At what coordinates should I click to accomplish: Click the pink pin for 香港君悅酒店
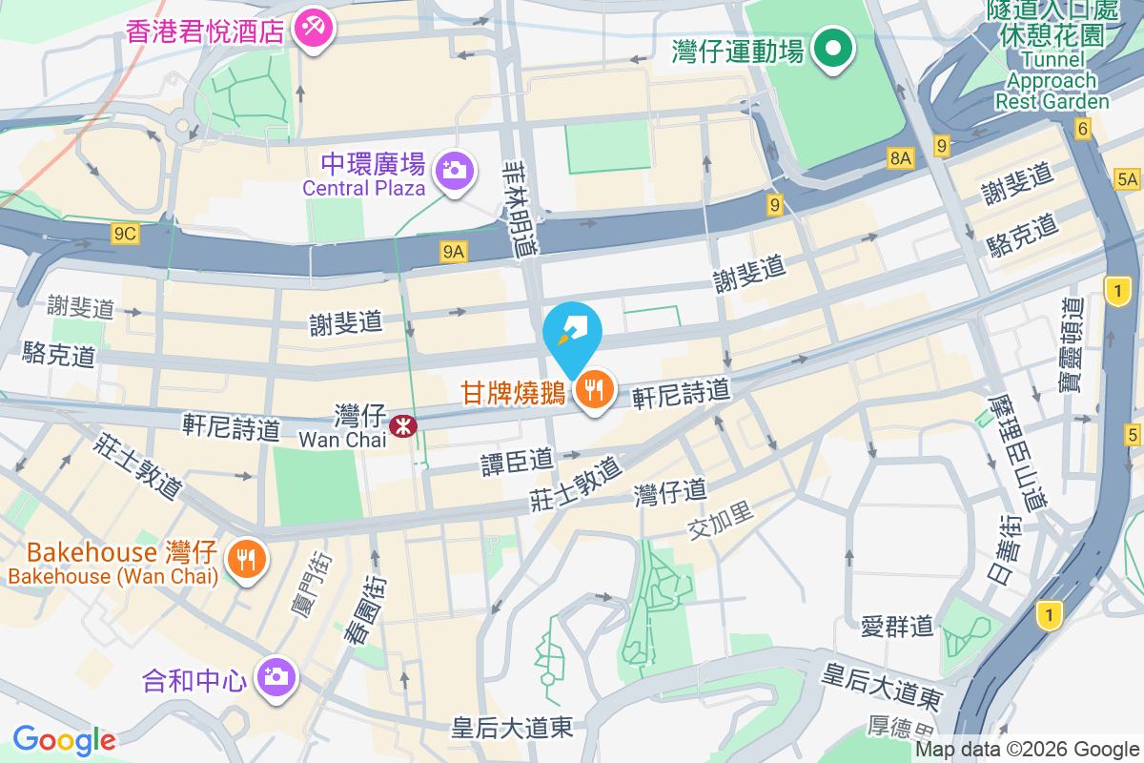pyautogui.click(x=312, y=29)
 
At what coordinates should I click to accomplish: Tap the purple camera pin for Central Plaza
pyautogui.click(x=454, y=172)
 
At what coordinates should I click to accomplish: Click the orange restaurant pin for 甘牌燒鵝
pyautogui.click(x=594, y=390)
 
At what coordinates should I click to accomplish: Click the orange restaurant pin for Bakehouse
pyautogui.click(x=247, y=559)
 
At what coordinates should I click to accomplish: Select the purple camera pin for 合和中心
pyautogui.click(x=276, y=678)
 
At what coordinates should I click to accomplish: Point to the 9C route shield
pyautogui.click(x=125, y=234)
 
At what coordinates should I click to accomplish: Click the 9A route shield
pyautogui.click(x=455, y=251)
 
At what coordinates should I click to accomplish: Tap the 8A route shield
pyautogui.click(x=899, y=158)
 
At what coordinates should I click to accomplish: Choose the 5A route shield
pyautogui.click(x=1128, y=178)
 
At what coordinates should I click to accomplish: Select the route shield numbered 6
pyautogui.click(x=1081, y=129)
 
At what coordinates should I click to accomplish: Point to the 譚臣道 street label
pyautogui.click(x=517, y=461)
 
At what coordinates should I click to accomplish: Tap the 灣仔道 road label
pyautogui.click(x=671, y=492)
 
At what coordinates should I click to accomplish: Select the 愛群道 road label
pyautogui.click(x=896, y=626)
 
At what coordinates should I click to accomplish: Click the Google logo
pyautogui.click(x=64, y=740)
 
